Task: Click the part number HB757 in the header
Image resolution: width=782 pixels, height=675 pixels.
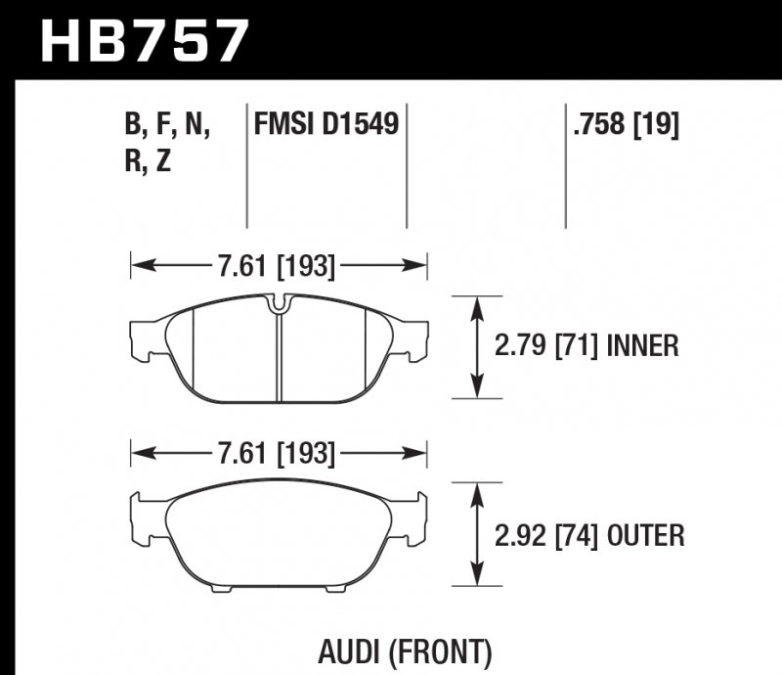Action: click(144, 39)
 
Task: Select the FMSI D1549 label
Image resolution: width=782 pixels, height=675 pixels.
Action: click(326, 125)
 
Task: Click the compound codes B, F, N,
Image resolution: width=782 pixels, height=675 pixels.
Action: click(168, 125)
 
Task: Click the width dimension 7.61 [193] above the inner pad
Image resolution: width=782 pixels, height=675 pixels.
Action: click(278, 264)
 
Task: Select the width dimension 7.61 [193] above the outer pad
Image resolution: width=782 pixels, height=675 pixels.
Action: click(278, 453)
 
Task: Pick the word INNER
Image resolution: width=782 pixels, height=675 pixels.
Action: click(642, 346)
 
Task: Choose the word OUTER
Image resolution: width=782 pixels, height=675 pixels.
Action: click(645, 535)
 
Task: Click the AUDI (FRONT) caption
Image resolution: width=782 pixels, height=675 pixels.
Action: click(404, 651)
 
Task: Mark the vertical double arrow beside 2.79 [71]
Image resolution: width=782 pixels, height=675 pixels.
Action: click(476, 346)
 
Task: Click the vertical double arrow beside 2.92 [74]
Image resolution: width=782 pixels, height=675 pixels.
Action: click(476, 535)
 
